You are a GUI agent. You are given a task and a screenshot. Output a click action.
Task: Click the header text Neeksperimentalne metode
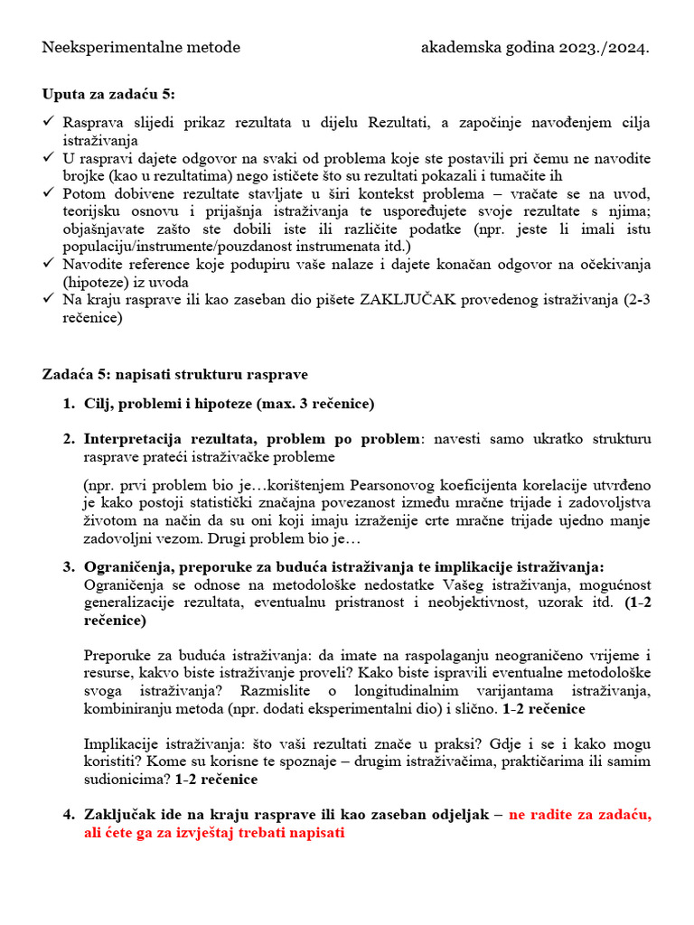coord(141,47)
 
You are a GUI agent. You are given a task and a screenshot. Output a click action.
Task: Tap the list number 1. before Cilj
coord(69,403)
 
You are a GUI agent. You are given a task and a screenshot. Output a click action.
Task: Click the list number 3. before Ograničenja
coord(69,566)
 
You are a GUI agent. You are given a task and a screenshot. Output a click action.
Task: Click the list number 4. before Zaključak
coord(69,814)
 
